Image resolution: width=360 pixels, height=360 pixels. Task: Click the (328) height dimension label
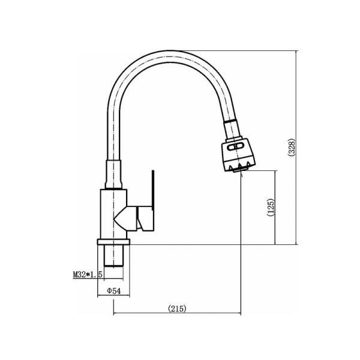(x=292, y=148)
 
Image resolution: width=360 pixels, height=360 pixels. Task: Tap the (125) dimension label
(x=271, y=207)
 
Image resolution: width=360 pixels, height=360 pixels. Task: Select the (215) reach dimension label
(x=177, y=308)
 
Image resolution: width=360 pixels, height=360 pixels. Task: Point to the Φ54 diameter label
(x=114, y=291)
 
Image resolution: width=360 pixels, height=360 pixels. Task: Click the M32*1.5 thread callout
(x=88, y=274)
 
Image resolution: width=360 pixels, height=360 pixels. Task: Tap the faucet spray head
(x=238, y=155)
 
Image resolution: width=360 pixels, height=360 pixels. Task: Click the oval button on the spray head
(x=235, y=147)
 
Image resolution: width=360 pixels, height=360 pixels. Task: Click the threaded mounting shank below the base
(x=113, y=256)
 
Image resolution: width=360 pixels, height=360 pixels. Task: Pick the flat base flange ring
(x=113, y=242)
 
